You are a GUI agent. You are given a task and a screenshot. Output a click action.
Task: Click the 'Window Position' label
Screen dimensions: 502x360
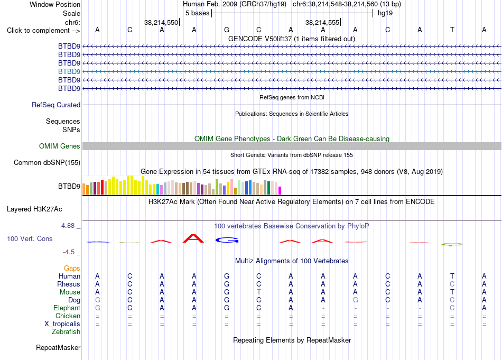[x=55, y=4]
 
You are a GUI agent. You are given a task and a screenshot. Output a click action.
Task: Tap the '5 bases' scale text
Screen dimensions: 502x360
[x=197, y=13]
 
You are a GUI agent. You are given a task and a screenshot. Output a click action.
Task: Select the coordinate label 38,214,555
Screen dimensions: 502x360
[x=322, y=22]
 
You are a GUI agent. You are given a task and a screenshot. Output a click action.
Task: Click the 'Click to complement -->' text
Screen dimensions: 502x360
[x=43, y=31]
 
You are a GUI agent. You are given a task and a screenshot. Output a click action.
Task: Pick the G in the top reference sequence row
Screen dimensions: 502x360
[x=227, y=30]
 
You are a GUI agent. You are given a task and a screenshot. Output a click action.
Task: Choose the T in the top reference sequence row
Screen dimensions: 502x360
[x=452, y=30]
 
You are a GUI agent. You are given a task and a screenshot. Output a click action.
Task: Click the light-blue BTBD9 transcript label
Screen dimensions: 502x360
[x=69, y=71]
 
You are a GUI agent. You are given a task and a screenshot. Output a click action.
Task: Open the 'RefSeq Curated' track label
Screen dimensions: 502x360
[x=56, y=105]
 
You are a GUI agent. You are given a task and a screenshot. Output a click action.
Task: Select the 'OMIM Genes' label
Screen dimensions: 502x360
[x=59, y=146]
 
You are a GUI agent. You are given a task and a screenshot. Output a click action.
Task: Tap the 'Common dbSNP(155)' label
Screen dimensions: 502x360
[x=47, y=162]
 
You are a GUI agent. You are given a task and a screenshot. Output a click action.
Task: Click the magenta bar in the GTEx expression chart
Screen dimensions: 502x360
[x=280, y=190]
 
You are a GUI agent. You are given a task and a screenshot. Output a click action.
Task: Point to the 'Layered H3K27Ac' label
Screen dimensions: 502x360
[x=34, y=209]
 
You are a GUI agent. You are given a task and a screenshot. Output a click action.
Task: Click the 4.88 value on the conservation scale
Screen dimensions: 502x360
[x=68, y=226]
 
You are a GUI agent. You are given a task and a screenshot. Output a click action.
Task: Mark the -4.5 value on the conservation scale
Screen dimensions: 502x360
[x=69, y=252]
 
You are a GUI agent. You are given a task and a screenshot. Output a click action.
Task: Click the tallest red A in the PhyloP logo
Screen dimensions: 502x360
[x=193, y=238]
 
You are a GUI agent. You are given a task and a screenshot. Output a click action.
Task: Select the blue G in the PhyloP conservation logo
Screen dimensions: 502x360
[x=227, y=240]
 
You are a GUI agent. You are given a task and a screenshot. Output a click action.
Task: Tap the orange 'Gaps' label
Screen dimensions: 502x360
[x=72, y=268]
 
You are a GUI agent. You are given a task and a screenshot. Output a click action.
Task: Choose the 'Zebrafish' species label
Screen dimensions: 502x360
[x=66, y=331]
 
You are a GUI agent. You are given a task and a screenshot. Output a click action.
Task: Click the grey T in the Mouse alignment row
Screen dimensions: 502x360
[x=259, y=292]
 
